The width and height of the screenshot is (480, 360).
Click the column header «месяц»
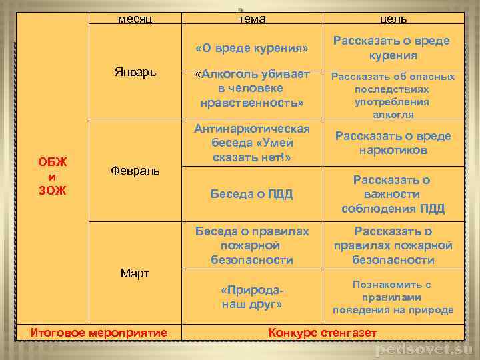pyautogui.click(x=135, y=19)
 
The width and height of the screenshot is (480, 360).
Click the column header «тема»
pyautogui.click(x=252, y=19)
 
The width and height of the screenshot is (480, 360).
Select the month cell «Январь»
pyautogui.click(x=135, y=72)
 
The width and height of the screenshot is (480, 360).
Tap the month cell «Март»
pyautogui.click(x=135, y=273)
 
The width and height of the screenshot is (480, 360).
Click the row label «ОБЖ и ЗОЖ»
pyautogui.click(x=52, y=176)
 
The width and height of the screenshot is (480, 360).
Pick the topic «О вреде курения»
pyautogui.click(x=252, y=49)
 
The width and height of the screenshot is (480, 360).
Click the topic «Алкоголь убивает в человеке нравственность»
pyautogui.click(x=252, y=89)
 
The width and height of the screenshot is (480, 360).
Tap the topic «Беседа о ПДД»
pyautogui.click(x=252, y=194)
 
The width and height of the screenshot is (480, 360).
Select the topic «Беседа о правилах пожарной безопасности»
pyautogui.click(x=252, y=245)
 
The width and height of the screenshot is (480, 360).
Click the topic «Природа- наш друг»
pyautogui.click(x=252, y=297)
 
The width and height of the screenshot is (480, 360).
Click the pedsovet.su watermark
pyautogui.click(x=423, y=349)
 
